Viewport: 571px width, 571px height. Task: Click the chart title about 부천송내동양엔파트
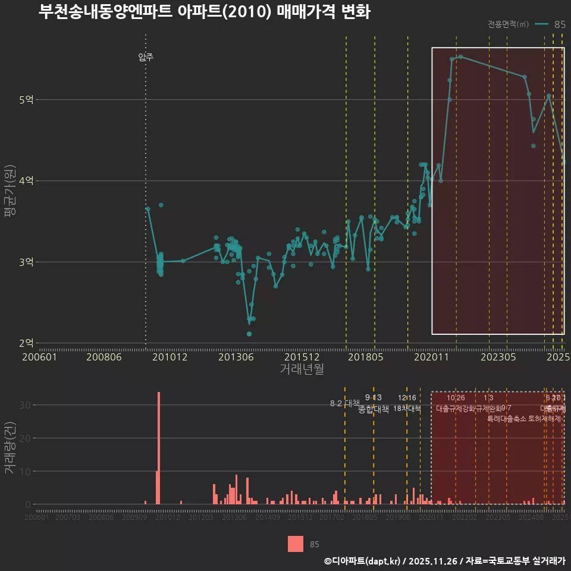coord(204,12)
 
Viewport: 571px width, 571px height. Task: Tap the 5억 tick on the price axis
coord(26,100)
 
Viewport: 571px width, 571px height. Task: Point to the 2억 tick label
coord(26,343)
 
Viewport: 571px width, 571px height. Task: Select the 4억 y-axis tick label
coord(26,181)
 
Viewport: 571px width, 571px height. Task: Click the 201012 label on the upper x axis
coord(170,357)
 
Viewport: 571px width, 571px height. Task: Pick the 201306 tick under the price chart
coord(236,357)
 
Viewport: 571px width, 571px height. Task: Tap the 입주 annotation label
coord(146,57)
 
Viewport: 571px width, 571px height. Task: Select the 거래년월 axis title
coord(302,369)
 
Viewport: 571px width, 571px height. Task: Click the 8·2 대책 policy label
coord(345,403)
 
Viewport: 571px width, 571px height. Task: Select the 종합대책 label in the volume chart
coord(374,409)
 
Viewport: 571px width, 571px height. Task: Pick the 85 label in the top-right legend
coord(560,24)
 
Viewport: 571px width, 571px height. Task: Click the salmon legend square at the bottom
coord(296,544)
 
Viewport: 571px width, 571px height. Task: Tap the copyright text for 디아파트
coord(444,560)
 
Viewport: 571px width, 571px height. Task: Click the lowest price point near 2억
coord(249,334)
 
